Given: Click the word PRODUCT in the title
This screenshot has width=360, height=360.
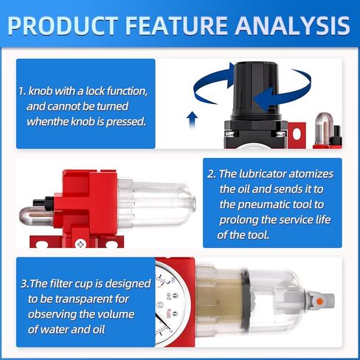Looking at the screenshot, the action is tap(63, 26).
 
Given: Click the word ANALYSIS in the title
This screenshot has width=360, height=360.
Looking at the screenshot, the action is tap(292, 26).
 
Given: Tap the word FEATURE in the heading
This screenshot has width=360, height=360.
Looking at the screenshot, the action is tap(176, 26).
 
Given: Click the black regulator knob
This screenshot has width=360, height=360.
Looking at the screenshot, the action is tap(257, 89).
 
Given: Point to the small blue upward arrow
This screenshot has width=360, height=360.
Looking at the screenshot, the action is tap(192, 120).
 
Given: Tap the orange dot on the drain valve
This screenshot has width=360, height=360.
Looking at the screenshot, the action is tap(319, 301).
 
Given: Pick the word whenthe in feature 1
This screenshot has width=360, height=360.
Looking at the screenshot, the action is tap(47, 122).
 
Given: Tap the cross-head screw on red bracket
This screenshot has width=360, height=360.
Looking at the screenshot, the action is tap(80, 244).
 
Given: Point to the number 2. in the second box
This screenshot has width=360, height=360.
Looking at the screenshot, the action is tap(211, 174).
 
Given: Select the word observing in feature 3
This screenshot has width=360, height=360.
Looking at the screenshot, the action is tap(52, 315).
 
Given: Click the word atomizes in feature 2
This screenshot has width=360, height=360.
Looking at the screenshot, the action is tap(311, 174).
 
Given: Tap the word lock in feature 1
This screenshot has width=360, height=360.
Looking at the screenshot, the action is tap(95, 91).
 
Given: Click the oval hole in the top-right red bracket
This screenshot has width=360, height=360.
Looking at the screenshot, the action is tap(297, 134).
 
